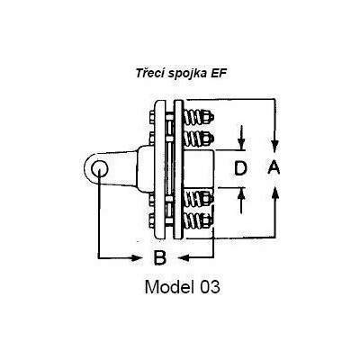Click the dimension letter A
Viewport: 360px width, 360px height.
click(x=274, y=167)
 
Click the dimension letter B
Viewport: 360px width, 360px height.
click(x=159, y=257)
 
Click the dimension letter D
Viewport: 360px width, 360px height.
click(x=240, y=168)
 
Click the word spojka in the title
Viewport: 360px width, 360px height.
click(x=186, y=74)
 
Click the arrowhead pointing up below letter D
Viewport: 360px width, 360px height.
click(x=242, y=194)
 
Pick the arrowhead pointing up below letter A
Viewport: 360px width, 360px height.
click(x=275, y=193)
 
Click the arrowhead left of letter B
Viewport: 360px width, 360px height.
click(x=136, y=257)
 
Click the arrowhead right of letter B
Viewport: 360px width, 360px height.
click(x=184, y=257)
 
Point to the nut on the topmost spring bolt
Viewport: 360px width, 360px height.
click(x=208, y=117)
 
